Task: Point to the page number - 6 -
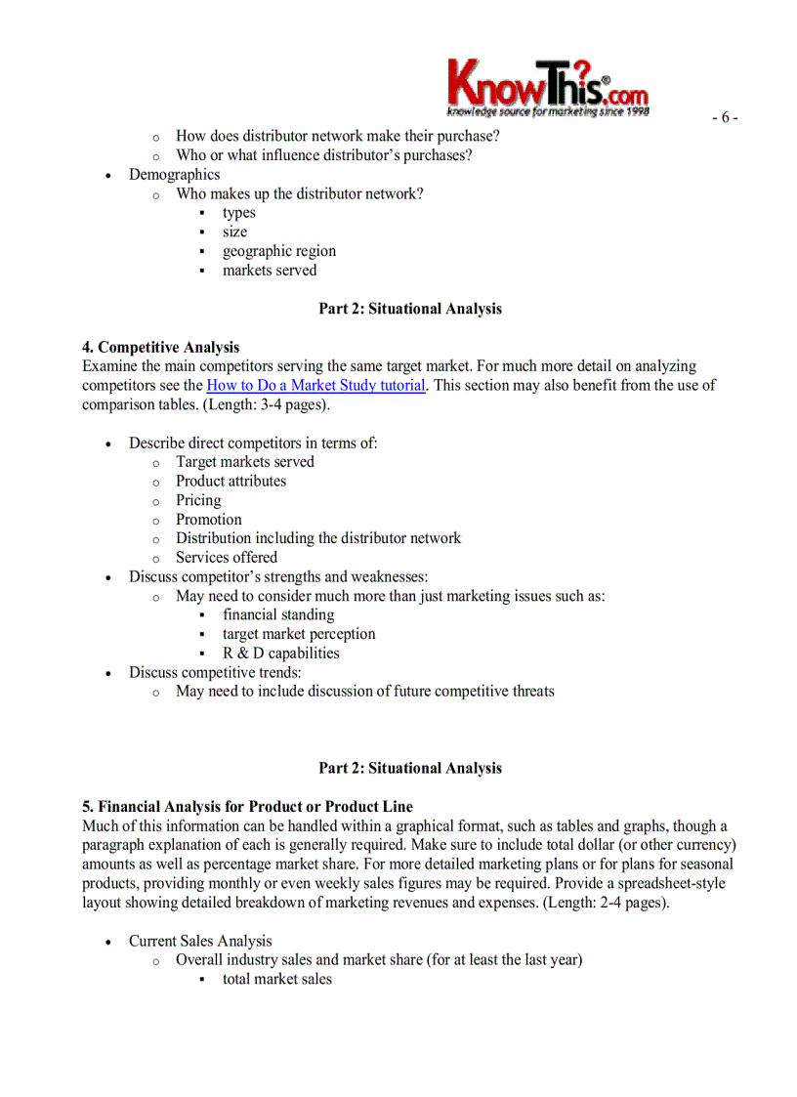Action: coord(724,118)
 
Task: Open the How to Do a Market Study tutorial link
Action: coord(315,385)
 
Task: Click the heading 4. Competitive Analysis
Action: coord(161,347)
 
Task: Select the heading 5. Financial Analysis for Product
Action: coord(248,807)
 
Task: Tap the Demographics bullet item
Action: coord(175,175)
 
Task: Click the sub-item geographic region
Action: coord(279,251)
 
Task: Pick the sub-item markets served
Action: coord(270,271)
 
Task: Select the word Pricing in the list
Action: coord(198,500)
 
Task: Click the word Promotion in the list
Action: coord(209,520)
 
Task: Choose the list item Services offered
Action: coord(227,558)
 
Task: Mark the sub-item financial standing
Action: coord(278,614)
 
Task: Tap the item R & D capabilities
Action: coord(281,654)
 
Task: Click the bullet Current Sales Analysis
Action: coord(200,941)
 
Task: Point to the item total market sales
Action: coord(277,979)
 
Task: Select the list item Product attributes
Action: coord(231,481)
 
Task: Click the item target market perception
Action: coord(299,634)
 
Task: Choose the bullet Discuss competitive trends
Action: coord(215,672)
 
